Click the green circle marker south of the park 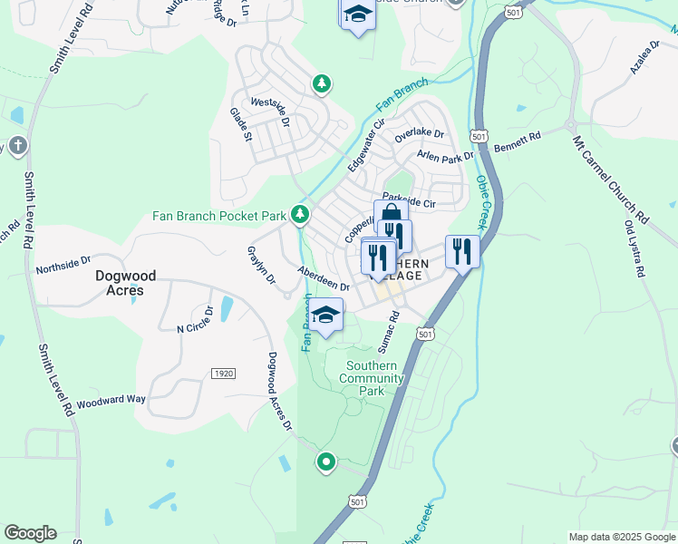point(326,462)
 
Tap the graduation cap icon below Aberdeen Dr point(325,316)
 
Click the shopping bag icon point(391,216)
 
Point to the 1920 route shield point(223,374)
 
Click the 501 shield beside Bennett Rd point(480,135)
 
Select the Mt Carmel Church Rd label point(611,180)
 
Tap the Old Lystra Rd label point(634,248)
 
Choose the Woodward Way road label point(111,400)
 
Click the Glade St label point(240,124)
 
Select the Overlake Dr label point(419,135)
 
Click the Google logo point(30,533)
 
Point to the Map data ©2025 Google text point(621,537)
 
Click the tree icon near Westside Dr point(321,84)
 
